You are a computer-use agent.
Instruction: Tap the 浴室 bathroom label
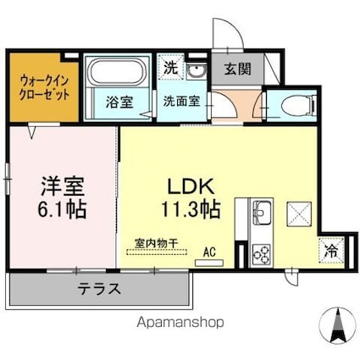[119, 101]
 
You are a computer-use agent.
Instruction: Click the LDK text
[192, 185]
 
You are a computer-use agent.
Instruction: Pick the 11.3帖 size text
[192, 208]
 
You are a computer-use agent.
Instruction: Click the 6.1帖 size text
[61, 208]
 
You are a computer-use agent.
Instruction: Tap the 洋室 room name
[61, 184]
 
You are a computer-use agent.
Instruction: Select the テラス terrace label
[100, 289]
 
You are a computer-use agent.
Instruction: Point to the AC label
[208, 252]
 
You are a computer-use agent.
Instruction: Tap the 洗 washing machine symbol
[169, 68]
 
